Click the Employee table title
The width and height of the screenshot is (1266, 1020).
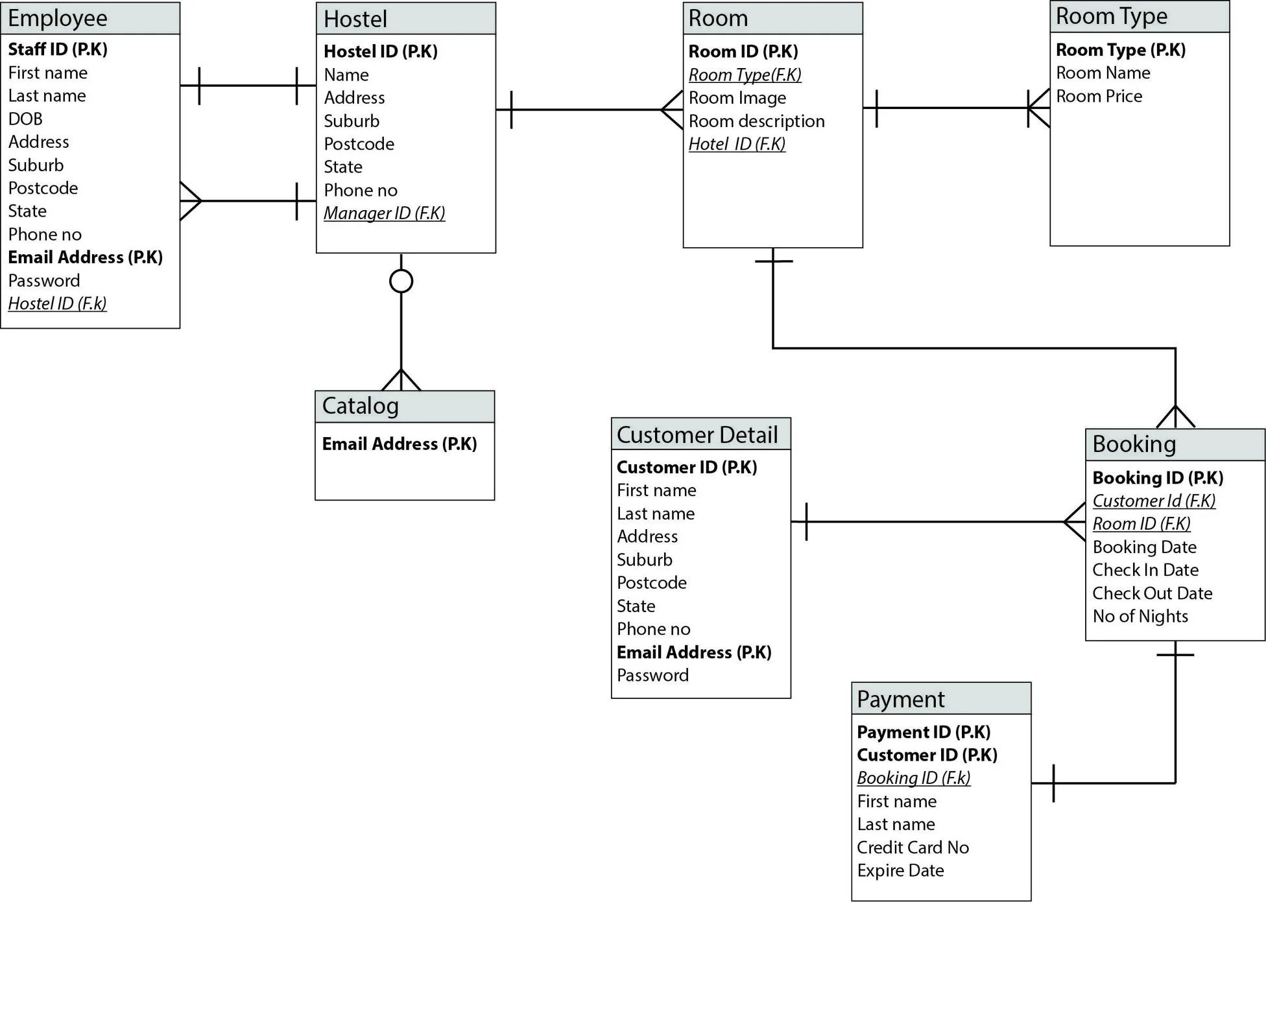click(58, 18)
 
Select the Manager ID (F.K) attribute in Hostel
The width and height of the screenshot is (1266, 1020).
click(384, 213)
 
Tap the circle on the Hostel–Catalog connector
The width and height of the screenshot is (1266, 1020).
click(401, 281)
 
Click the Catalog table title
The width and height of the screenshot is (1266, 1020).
click(360, 406)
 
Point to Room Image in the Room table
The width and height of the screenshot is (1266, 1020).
click(737, 98)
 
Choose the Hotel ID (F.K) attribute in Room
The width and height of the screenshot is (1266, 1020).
click(737, 144)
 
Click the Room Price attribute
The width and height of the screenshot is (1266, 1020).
click(1099, 96)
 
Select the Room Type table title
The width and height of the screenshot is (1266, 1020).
click(1111, 16)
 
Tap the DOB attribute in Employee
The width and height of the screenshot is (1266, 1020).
click(25, 119)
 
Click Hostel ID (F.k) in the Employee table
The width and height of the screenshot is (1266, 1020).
click(57, 303)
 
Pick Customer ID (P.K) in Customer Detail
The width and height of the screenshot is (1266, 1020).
click(687, 467)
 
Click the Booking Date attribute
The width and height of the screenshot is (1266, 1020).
click(1144, 547)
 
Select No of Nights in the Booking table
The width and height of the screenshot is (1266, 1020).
click(1140, 616)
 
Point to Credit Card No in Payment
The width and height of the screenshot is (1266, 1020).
click(913, 847)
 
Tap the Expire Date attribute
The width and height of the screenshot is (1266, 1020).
click(900, 870)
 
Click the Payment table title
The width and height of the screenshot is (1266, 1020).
click(900, 699)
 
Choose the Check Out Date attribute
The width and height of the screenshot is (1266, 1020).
click(1152, 593)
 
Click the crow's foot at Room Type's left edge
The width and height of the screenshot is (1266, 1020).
click(1039, 108)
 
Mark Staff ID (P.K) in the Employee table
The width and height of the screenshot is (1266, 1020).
click(58, 49)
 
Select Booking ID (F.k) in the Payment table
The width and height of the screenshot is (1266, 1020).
click(913, 777)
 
